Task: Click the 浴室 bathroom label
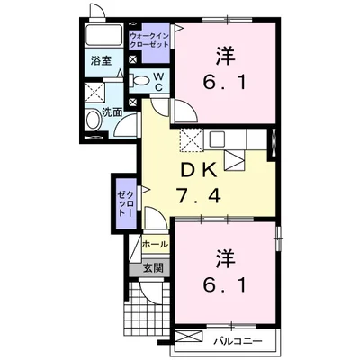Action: click(102, 61)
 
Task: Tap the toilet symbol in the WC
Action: click(139, 80)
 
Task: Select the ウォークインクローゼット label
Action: click(149, 40)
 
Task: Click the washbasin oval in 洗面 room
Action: click(92, 120)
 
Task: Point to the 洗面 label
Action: click(112, 112)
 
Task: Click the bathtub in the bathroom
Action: click(103, 34)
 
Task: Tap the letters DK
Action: click(197, 172)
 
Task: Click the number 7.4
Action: click(199, 195)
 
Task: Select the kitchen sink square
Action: click(216, 139)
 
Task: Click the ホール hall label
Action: click(155, 245)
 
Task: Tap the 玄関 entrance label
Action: click(153, 267)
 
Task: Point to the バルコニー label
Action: click(238, 341)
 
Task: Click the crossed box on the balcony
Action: click(188, 336)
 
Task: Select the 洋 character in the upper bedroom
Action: click(225, 55)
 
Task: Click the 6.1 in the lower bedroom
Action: click(225, 284)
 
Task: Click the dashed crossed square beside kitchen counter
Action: click(192, 140)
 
